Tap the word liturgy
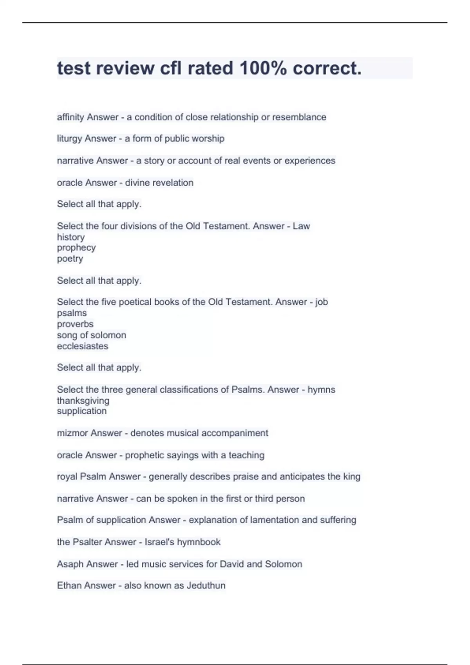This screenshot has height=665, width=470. [69, 139]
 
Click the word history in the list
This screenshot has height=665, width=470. [70, 237]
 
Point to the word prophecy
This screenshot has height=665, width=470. [76, 248]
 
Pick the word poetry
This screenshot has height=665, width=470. [70, 259]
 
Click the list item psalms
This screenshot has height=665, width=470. [72, 313]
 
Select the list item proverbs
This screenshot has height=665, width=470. [75, 324]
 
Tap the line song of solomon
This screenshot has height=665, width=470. [91, 335]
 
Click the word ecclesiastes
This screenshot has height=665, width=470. [82, 346]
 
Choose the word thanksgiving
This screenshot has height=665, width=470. [83, 401]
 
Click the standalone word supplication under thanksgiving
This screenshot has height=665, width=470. [81, 411]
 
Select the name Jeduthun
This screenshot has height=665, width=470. [206, 586]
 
